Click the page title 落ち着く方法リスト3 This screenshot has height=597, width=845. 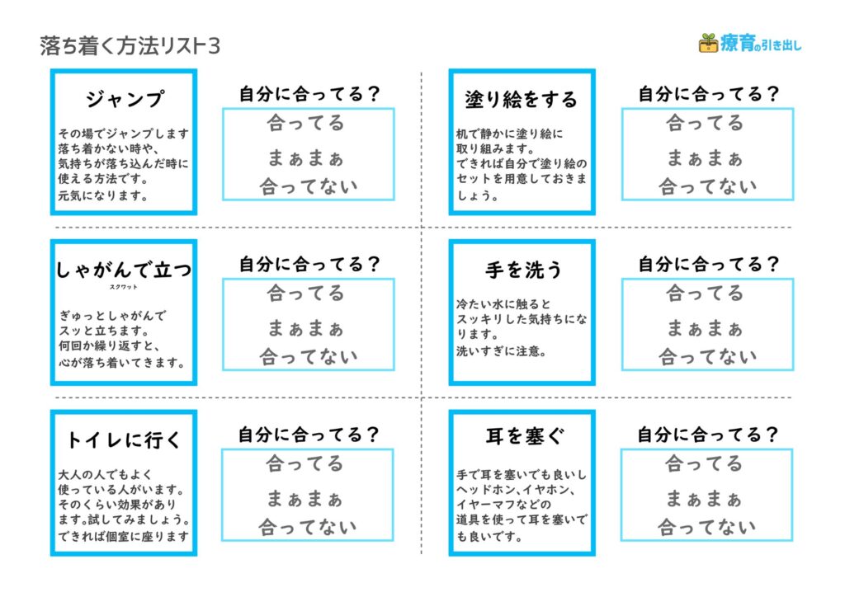click(x=130, y=46)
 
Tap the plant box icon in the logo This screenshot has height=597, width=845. click(x=708, y=43)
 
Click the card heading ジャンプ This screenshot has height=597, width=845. click(x=125, y=99)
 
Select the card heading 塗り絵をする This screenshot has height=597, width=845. click(x=522, y=100)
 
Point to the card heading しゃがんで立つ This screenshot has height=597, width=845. click(x=124, y=269)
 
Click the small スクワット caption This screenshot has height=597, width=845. click(x=124, y=287)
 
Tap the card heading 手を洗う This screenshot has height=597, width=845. click(x=523, y=270)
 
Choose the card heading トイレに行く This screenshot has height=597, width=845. click(x=124, y=440)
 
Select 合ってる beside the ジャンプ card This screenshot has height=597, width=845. click(x=305, y=124)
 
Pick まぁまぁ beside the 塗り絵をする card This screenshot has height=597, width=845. click(x=705, y=158)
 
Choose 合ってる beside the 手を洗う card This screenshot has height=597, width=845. click(x=705, y=294)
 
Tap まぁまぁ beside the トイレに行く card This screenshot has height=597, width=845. click(x=304, y=499)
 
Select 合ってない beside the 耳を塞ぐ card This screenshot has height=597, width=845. click(x=706, y=527)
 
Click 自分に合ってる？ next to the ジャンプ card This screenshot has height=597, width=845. click(x=310, y=94)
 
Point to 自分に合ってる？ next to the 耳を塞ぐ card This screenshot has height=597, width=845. click(x=707, y=435)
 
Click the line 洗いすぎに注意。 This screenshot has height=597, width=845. click(x=502, y=351)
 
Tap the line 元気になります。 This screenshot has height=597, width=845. click(x=103, y=195)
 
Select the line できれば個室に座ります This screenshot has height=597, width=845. click(x=124, y=536)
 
